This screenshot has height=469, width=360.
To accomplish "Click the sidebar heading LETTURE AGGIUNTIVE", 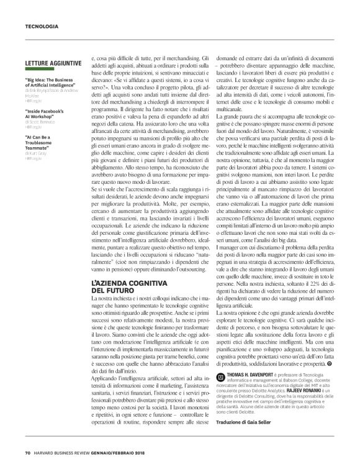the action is tap(50, 64).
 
